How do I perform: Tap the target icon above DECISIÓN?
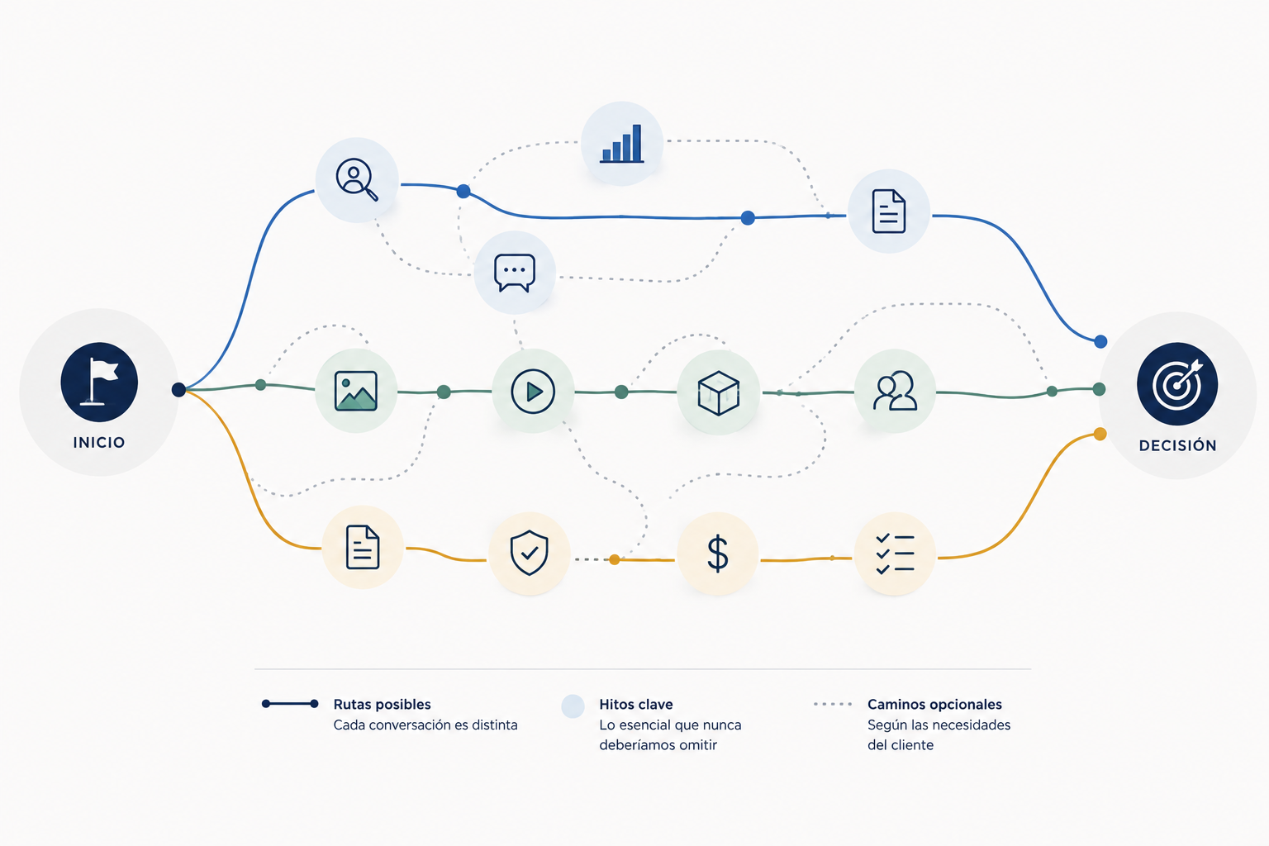1177,384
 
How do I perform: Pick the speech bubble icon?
515,273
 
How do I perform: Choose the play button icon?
533,391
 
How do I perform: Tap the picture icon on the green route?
356,391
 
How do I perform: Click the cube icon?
718,392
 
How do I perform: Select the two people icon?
895,390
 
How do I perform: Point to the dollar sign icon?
718,553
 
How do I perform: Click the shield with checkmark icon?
529,553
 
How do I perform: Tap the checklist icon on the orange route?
895,554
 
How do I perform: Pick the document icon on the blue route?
888,211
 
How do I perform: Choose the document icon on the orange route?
363,547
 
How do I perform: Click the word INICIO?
99,443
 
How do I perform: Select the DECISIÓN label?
1178,445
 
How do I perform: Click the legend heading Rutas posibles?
382,705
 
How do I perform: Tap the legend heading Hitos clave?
635,705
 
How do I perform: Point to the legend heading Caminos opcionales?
934,705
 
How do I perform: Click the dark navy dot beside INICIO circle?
178,389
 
